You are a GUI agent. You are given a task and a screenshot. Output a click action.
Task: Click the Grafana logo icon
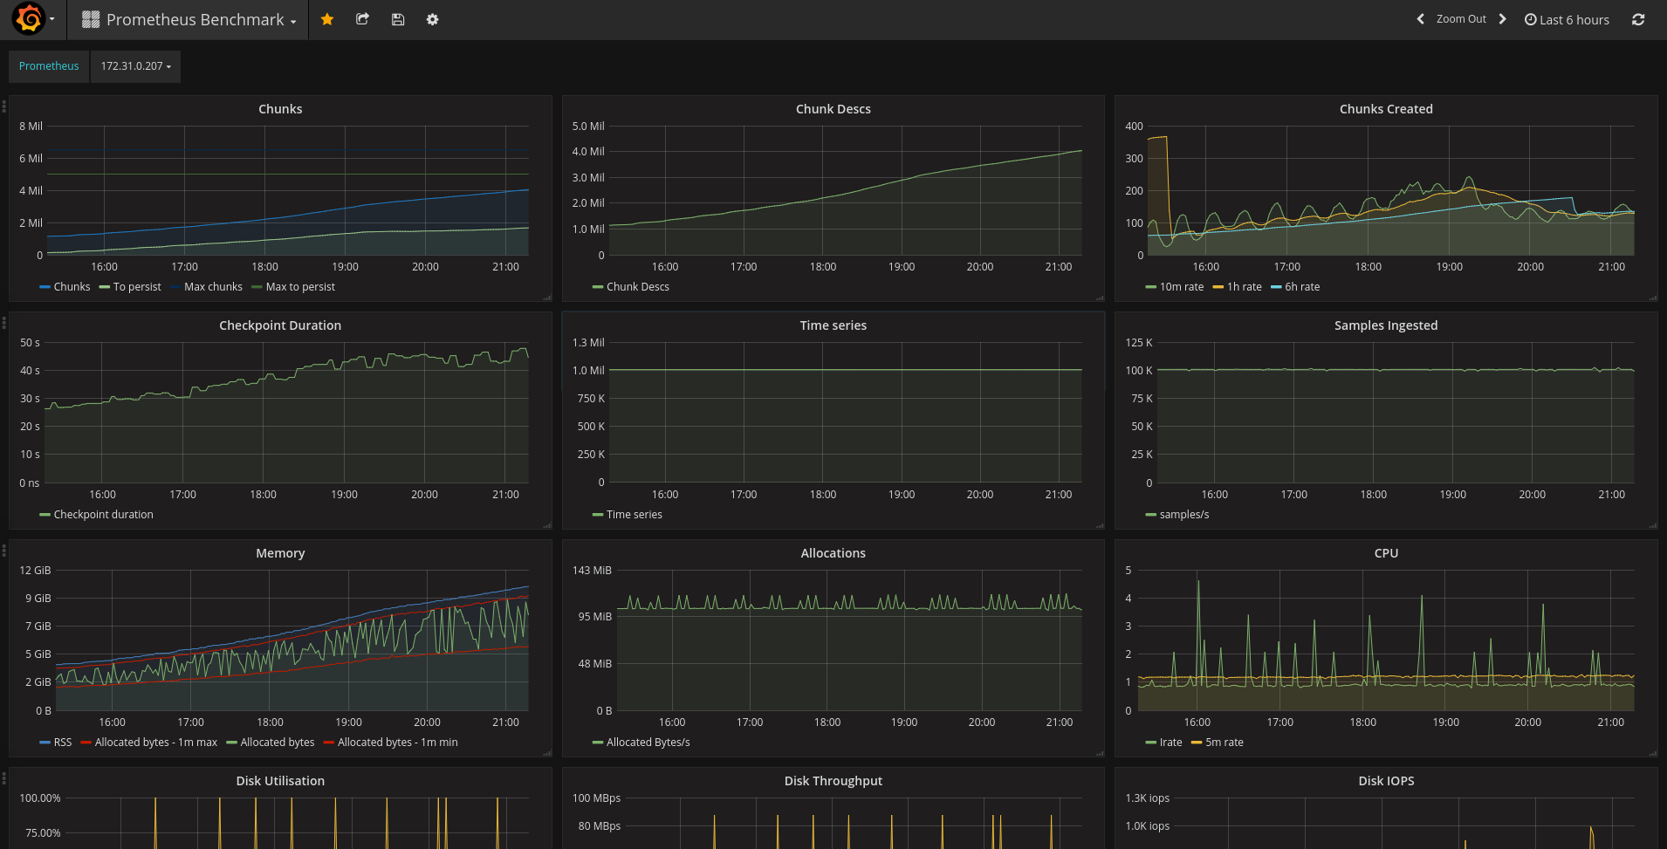(29, 18)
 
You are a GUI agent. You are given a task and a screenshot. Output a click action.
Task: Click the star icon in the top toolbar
(327, 19)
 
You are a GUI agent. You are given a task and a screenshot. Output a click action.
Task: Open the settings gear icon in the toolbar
(432, 19)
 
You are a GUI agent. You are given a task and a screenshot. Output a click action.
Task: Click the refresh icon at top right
(1638, 19)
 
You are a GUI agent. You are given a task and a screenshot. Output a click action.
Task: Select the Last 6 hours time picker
(1567, 19)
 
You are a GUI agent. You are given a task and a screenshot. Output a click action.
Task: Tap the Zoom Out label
(1461, 19)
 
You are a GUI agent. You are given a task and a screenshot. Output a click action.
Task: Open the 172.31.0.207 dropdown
(135, 66)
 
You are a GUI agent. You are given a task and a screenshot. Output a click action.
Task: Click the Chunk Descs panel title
(833, 109)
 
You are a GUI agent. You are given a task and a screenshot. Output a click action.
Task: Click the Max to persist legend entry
(293, 287)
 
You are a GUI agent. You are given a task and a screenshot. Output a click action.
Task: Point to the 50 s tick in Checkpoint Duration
(31, 343)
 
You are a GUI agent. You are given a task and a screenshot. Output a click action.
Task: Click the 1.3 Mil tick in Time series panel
(588, 343)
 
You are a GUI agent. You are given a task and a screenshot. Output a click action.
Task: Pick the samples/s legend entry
(1177, 515)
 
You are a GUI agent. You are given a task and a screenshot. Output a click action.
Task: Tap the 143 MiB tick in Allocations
(592, 571)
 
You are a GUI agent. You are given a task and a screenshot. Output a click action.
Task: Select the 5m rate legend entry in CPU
(1218, 743)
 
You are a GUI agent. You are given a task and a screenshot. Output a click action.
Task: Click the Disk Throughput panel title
(833, 781)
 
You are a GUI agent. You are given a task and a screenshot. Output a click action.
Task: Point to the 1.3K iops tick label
(1148, 798)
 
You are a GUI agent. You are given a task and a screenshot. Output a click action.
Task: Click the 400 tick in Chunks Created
(1134, 127)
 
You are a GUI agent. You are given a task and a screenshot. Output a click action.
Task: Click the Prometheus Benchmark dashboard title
(196, 19)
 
